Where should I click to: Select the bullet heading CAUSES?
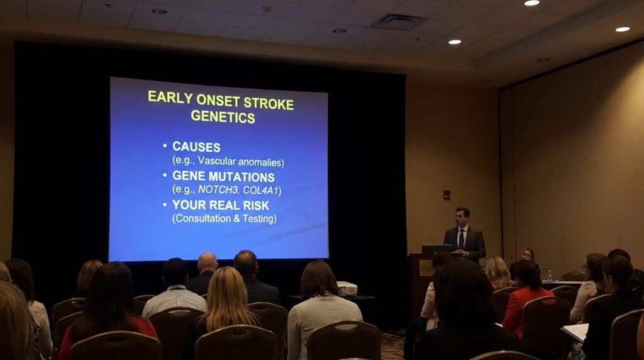click(196, 147)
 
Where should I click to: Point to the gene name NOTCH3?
click(218, 189)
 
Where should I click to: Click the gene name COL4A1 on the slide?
click(262, 189)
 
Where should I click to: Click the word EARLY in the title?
click(170, 97)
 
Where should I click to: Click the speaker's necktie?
click(461, 238)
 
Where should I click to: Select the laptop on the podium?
click(436, 250)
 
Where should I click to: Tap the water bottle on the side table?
click(550, 275)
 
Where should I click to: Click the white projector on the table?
click(347, 288)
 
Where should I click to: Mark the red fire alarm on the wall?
click(447, 194)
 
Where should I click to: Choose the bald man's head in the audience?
click(207, 263)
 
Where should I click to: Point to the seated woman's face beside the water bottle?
click(527, 255)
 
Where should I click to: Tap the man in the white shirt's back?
click(174, 300)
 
